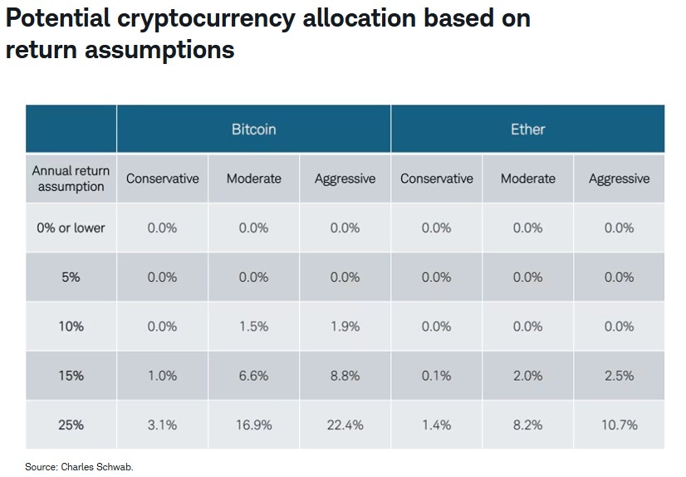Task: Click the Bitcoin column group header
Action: click(x=253, y=129)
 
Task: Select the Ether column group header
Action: click(x=527, y=129)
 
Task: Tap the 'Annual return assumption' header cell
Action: click(x=71, y=178)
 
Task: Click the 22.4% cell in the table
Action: click(x=345, y=425)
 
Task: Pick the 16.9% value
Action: click(x=253, y=425)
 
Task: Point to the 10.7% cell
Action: click(x=619, y=425)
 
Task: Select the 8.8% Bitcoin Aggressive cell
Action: click(x=345, y=376)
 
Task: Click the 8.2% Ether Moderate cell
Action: click(x=527, y=425)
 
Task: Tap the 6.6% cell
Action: click(x=253, y=376)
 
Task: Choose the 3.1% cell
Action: click(x=162, y=425)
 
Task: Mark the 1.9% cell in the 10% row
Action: click(x=345, y=327)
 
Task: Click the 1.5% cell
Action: click(x=253, y=327)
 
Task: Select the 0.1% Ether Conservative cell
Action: click(x=436, y=376)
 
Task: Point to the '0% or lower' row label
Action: click(x=71, y=228)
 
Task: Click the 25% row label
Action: click(x=71, y=425)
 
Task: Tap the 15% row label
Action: click(x=71, y=376)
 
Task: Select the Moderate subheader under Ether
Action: click(x=527, y=179)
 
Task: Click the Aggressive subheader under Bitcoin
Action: click(x=345, y=179)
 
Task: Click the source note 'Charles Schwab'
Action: click(x=96, y=467)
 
